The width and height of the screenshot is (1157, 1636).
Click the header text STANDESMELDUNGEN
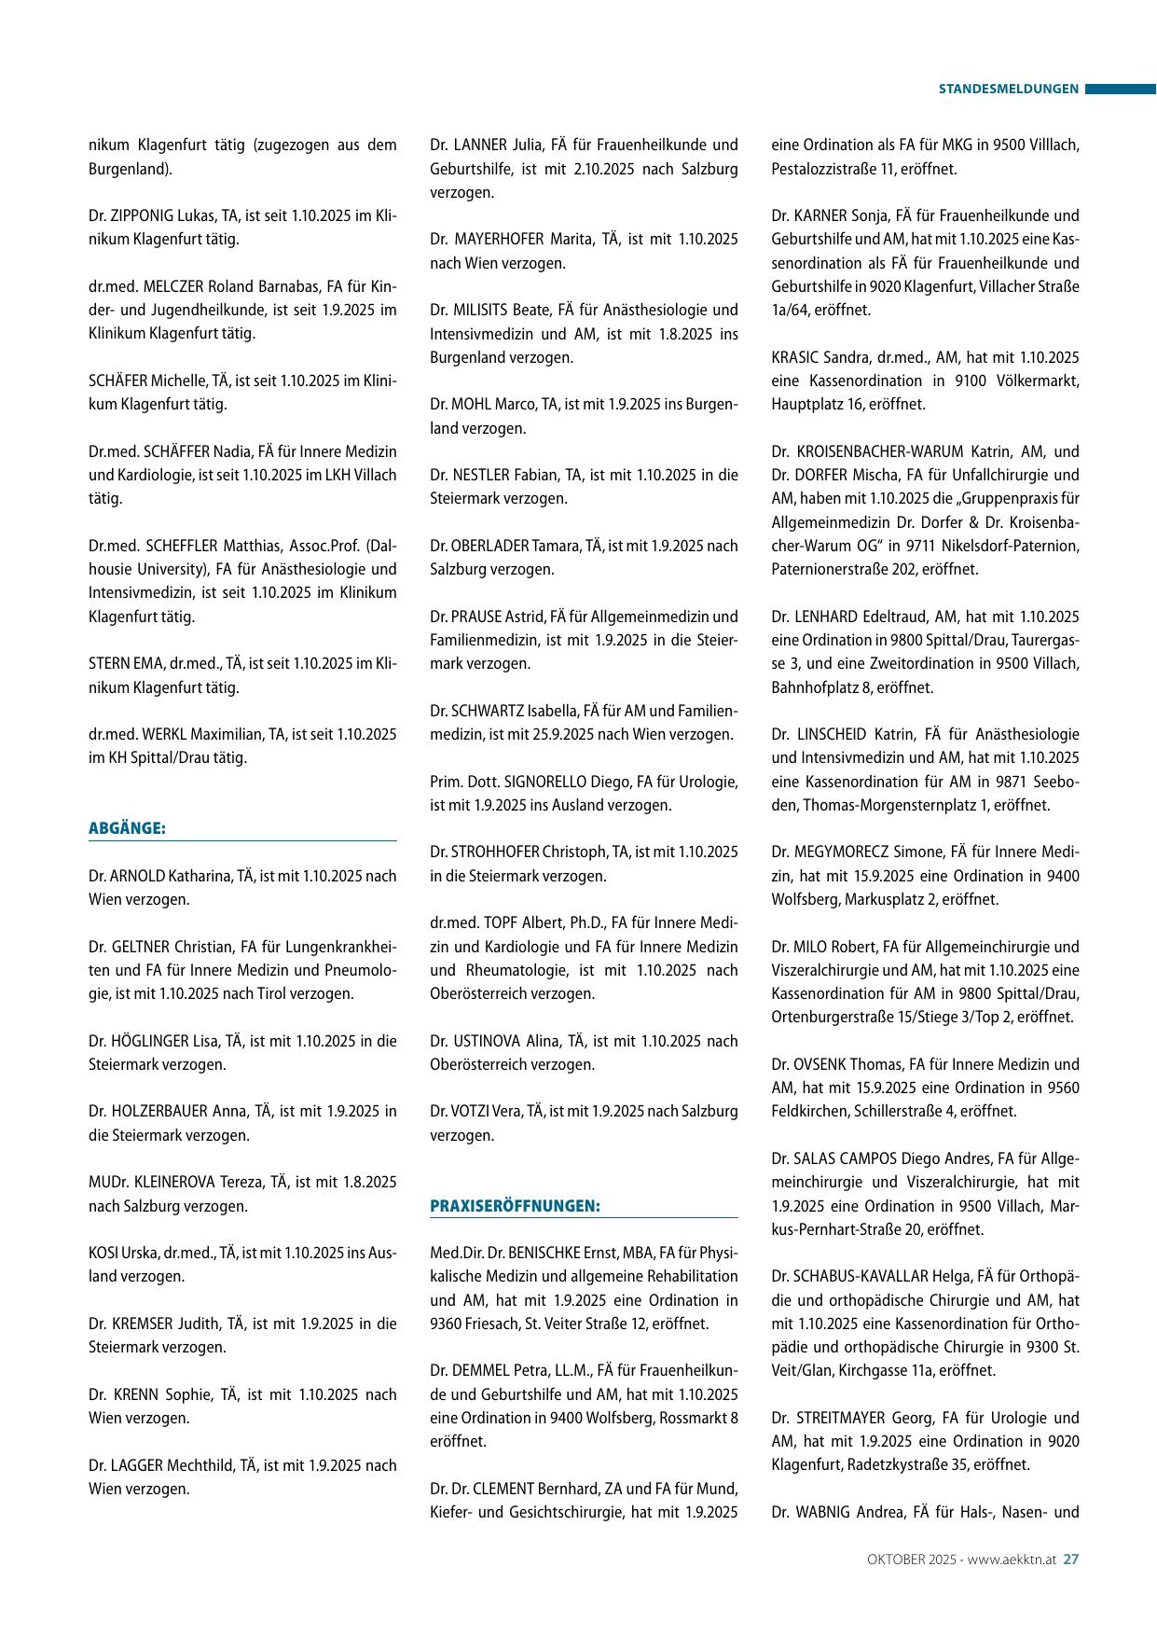[x=1008, y=90]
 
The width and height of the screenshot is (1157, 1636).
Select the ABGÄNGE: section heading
[x=128, y=828]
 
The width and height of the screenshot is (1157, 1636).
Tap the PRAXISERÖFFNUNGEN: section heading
[x=515, y=1206]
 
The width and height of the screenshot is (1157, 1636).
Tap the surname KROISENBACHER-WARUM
[x=878, y=451]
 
